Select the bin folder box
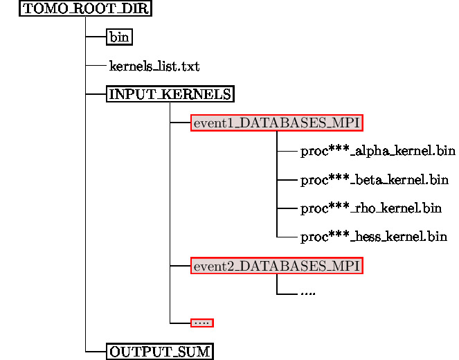coord(119,37)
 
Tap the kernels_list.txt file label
coord(154,66)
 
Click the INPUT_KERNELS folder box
coord(170,94)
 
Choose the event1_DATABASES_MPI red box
coord(277,123)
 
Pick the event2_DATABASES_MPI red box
coord(277,266)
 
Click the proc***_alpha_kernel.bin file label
coord(378,152)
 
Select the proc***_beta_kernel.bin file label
coord(375,181)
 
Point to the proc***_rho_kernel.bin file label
coord(371,208)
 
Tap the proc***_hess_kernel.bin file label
coord(374,237)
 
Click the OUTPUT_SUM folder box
coord(160,352)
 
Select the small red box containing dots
coord(202,323)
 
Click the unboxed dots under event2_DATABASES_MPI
coord(308,294)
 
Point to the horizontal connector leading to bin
coord(96,37)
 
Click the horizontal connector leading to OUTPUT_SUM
coord(96,352)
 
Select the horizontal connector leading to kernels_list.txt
coord(96,66)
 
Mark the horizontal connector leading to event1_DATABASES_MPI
coord(180,123)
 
